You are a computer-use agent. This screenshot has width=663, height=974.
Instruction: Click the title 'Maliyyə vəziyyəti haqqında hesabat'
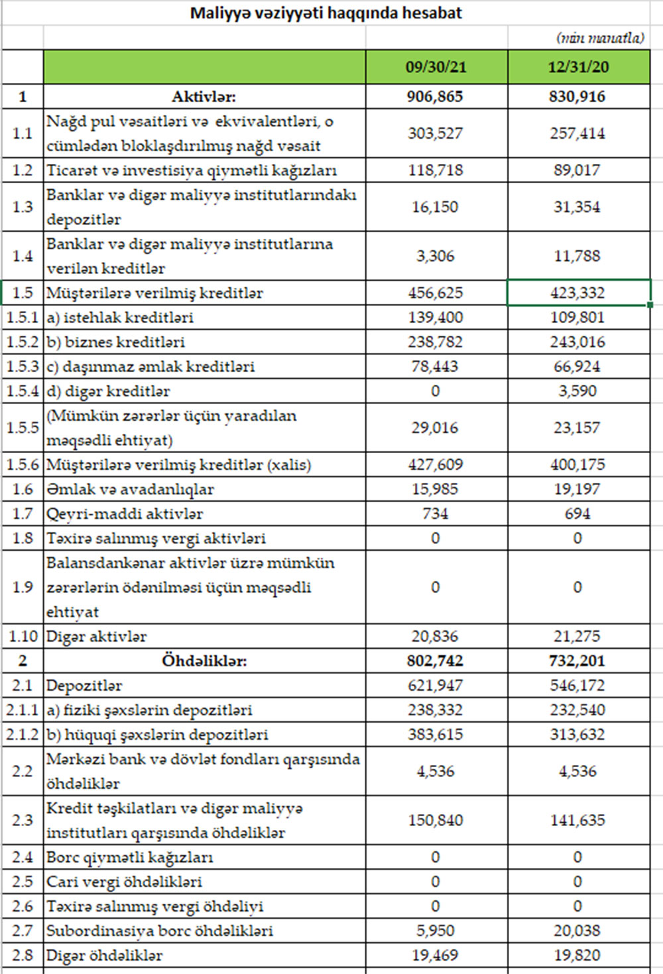point(326,13)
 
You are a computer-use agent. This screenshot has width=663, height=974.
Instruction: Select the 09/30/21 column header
point(436,67)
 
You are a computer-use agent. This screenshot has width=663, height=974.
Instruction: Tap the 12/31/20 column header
point(578,67)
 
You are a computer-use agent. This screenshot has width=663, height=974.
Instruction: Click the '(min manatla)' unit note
point(600,38)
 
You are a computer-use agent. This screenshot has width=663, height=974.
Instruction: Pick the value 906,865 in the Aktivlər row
point(435,97)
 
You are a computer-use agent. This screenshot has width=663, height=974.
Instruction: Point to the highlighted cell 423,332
point(577,293)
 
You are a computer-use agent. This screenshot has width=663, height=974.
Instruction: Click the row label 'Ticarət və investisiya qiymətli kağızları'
point(192,171)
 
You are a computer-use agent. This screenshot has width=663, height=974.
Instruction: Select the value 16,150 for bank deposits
point(435,207)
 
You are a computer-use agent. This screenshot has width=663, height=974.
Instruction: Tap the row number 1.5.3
point(23,366)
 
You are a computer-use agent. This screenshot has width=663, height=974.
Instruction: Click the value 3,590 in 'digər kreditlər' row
point(577,391)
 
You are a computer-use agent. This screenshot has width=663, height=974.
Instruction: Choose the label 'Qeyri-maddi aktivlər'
point(125,514)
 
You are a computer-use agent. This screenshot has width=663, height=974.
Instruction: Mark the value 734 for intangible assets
point(435,514)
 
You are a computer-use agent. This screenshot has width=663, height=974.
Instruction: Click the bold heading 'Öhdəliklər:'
point(204,661)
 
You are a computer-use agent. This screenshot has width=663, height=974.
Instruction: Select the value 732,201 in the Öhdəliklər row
point(577,661)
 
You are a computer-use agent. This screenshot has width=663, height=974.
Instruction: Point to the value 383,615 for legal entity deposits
point(435,734)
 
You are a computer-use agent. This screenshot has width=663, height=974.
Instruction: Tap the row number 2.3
point(23,820)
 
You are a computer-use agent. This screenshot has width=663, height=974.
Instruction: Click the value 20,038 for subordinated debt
point(577,931)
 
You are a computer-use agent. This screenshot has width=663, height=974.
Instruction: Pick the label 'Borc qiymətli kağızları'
point(130,857)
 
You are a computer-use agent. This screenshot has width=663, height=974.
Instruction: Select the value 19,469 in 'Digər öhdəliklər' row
point(435,955)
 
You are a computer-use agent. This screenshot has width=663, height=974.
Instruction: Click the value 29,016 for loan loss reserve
point(435,428)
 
